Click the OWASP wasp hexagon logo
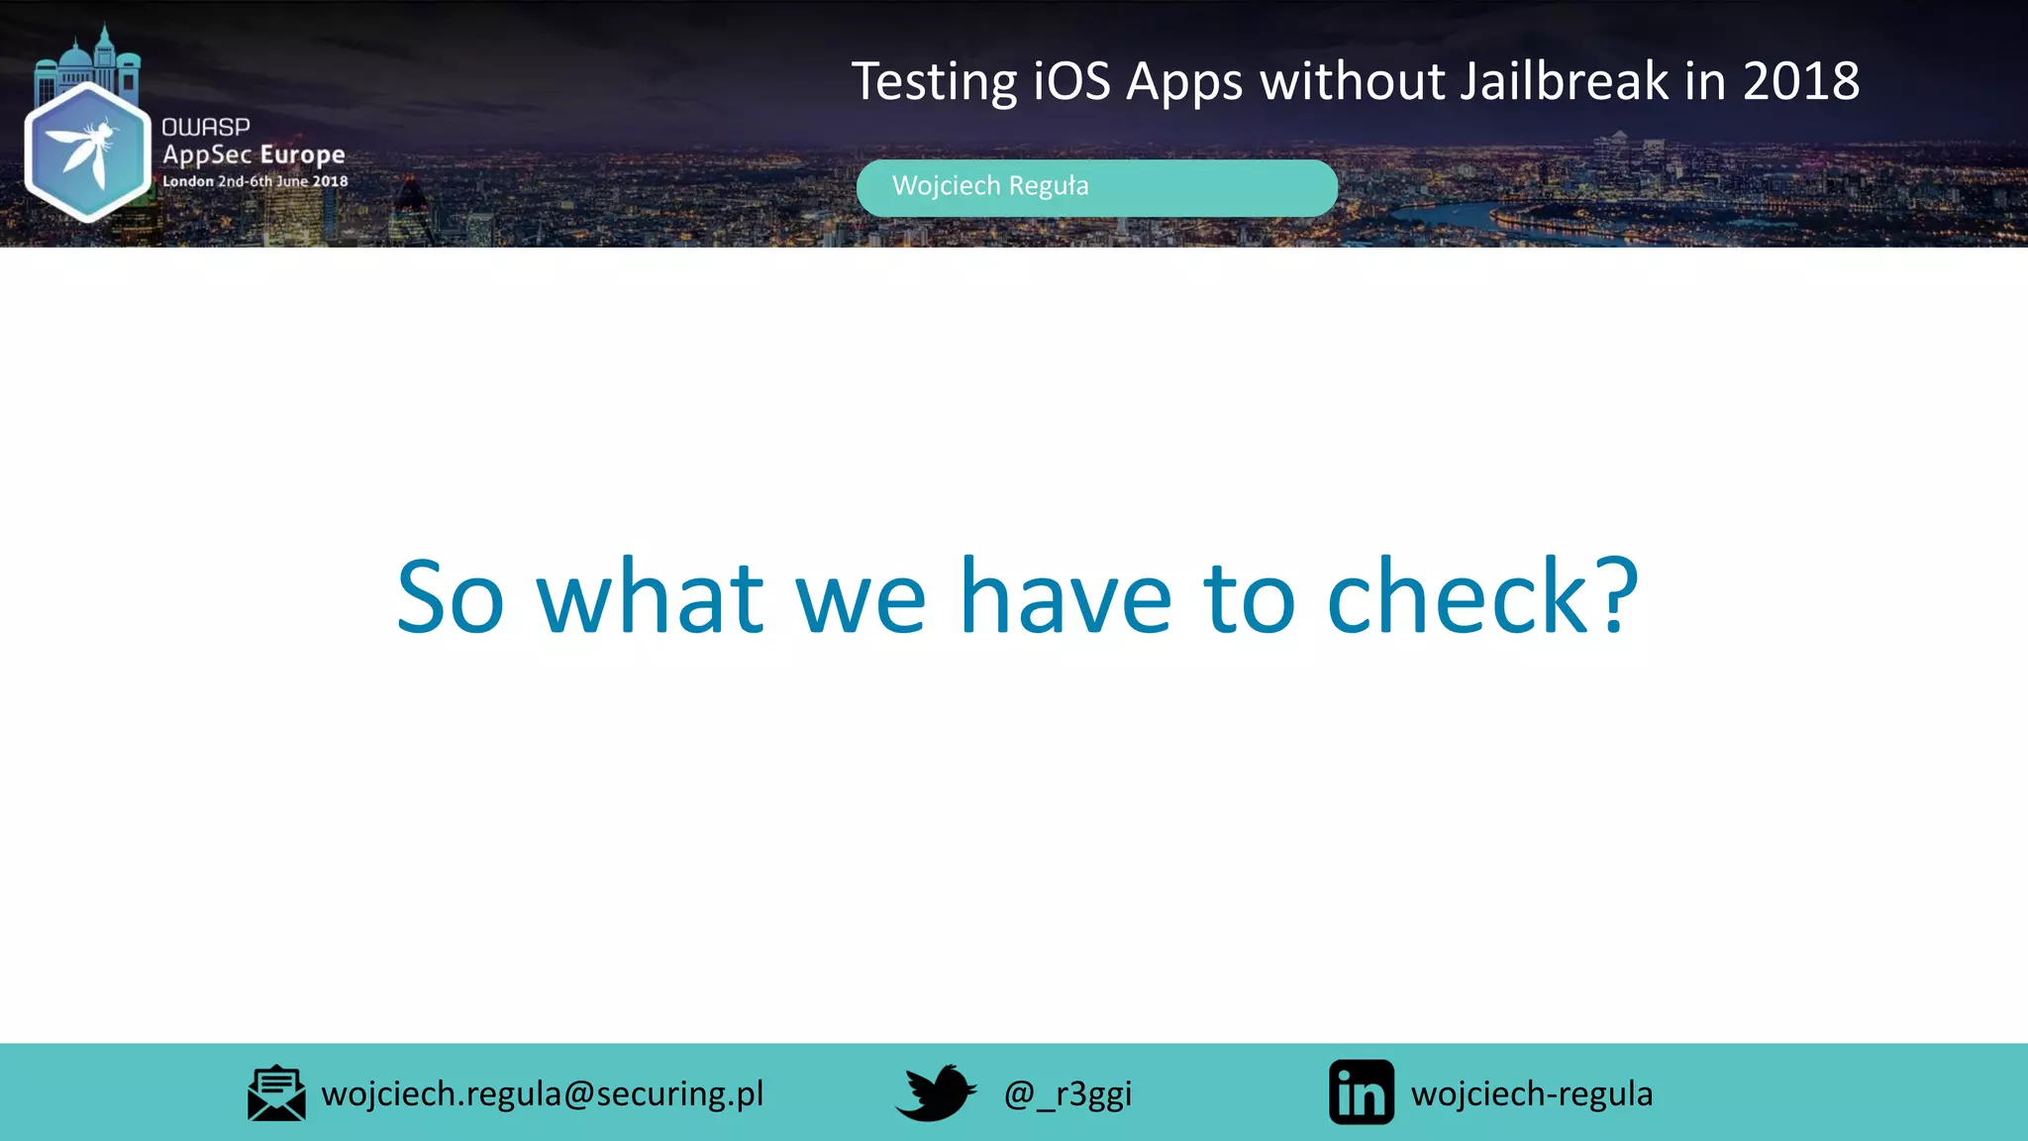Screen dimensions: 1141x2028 pos(87,152)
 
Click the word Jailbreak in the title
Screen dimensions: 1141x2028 pos(1565,81)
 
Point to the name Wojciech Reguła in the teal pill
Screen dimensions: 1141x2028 pos(990,186)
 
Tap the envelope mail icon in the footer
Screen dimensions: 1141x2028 pos(276,1093)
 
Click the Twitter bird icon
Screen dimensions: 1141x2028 pos(935,1092)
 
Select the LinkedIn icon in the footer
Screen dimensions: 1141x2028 pos(1362,1092)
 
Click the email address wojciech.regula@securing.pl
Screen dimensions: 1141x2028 pos(543,1093)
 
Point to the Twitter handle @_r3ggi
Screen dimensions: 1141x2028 pos(1067,1093)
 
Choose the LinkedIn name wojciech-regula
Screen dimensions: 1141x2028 pos(1532,1093)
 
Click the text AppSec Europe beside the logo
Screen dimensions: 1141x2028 pos(253,155)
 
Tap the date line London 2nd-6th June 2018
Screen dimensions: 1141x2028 pos(255,181)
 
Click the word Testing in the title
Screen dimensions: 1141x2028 pos(934,81)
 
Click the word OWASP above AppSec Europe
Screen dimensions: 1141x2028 pos(206,127)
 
